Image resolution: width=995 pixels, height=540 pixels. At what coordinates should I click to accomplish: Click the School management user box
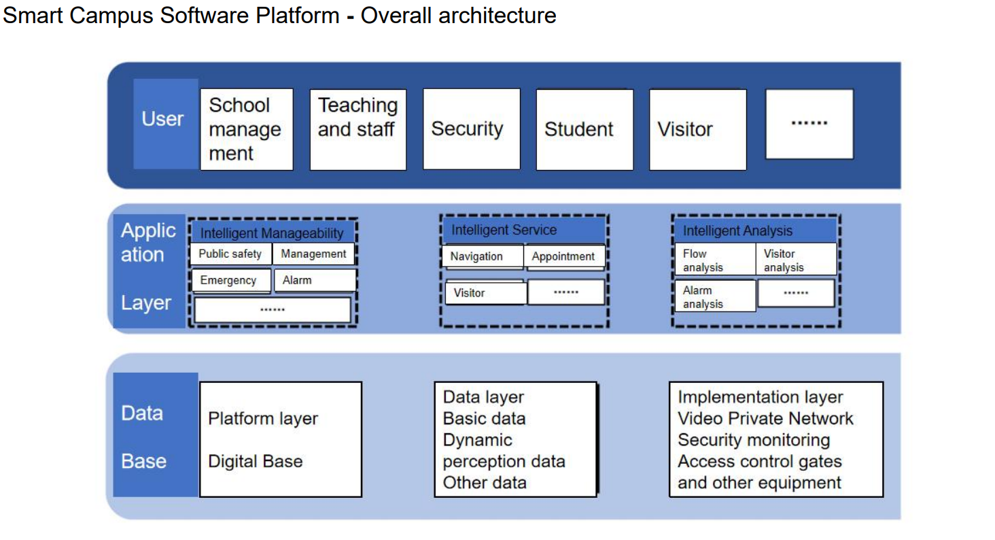point(246,129)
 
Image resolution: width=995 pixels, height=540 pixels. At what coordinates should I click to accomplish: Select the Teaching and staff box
point(357,129)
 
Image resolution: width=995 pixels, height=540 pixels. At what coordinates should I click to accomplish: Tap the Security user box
point(471,129)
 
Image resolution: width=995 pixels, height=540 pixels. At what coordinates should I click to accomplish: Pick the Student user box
point(584,129)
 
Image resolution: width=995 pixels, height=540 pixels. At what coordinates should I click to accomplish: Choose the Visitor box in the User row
point(697,129)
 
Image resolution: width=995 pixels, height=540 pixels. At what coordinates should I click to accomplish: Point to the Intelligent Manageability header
point(272,233)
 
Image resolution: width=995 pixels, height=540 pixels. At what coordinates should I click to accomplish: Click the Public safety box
point(230,254)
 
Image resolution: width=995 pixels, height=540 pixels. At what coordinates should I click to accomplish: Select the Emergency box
point(228,280)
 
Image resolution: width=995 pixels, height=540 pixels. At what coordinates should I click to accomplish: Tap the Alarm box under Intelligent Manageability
point(314,280)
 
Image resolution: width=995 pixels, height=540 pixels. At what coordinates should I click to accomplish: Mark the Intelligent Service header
point(522,230)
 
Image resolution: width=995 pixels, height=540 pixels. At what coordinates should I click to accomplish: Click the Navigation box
point(482,256)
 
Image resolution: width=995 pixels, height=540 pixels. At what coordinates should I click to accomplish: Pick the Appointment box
point(564,256)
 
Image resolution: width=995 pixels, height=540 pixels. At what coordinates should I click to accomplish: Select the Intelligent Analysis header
point(754,231)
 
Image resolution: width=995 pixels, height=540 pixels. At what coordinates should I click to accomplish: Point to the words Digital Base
point(256,462)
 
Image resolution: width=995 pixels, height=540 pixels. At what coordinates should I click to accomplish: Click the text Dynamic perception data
point(504,450)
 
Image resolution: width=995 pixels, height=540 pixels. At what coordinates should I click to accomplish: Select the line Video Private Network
point(765,418)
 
